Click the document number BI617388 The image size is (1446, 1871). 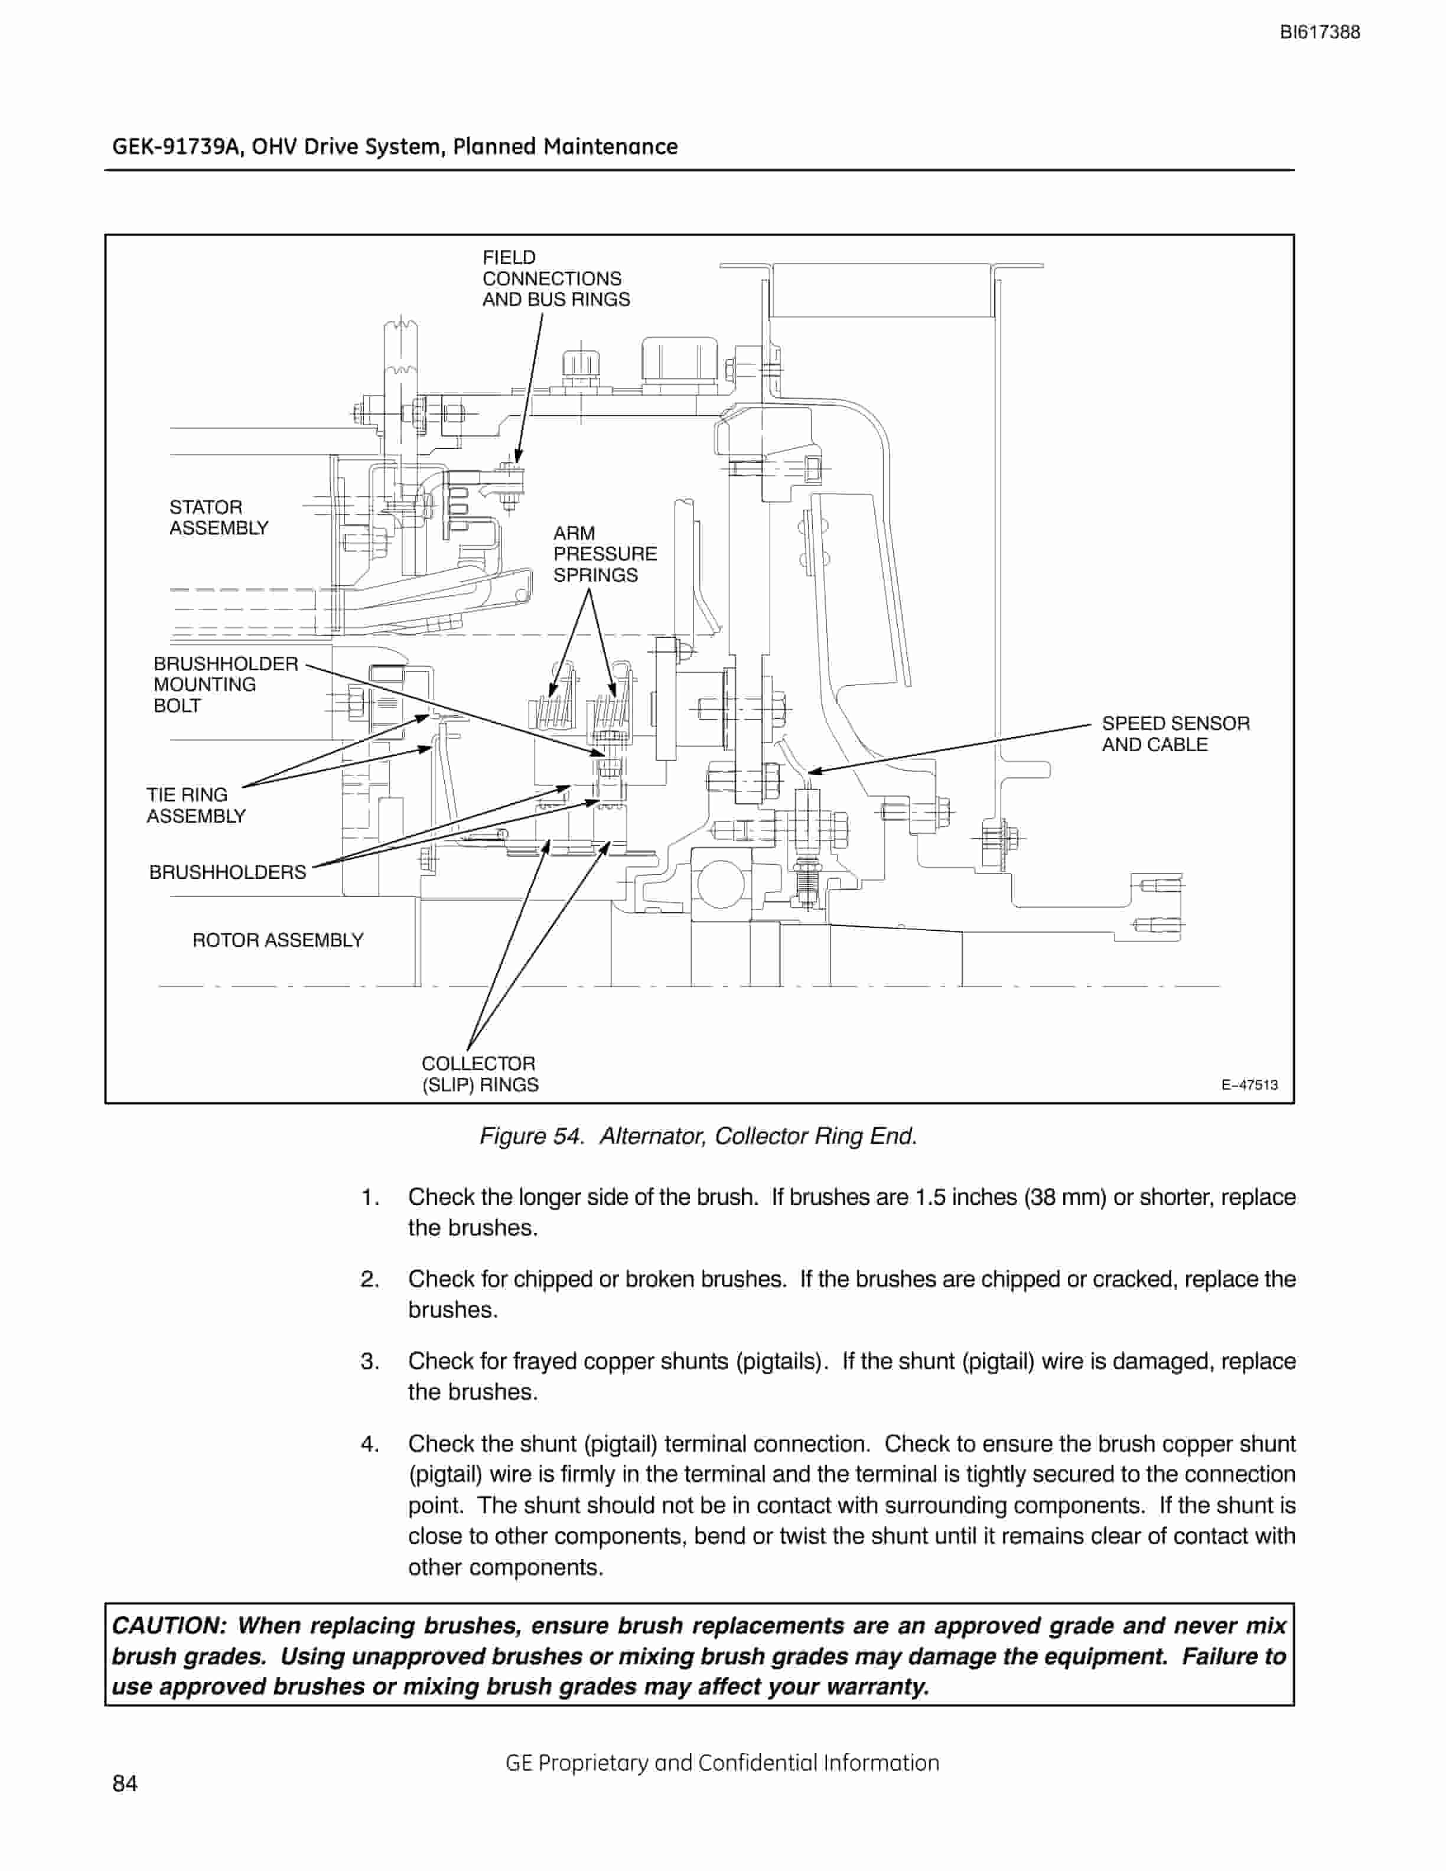click(x=1319, y=32)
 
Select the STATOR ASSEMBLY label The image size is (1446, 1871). click(x=219, y=517)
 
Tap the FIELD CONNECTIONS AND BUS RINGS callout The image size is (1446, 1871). click(x=556, y=278)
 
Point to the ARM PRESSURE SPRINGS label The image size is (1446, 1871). click(x=605, y=555)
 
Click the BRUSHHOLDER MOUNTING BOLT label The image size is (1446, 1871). click(x=225, y=684)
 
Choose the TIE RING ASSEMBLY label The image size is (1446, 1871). click(x=196, y=806)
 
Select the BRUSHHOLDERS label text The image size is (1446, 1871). click(x=227, y=872)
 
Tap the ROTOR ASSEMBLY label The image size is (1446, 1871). click(x=278, y=941)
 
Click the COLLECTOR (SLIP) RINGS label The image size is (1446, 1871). click(x=480, y=1074)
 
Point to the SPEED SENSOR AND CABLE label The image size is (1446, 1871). click(x=1175, y=734)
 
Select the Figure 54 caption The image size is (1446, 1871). click(x=698, y=1137)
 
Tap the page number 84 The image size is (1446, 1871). click(x=125, y=1783)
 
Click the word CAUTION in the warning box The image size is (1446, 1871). click(x=169, y=1625)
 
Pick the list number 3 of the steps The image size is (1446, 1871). click(x=370, y=1361)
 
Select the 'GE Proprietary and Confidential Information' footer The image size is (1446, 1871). click(x=722, y=1762)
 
